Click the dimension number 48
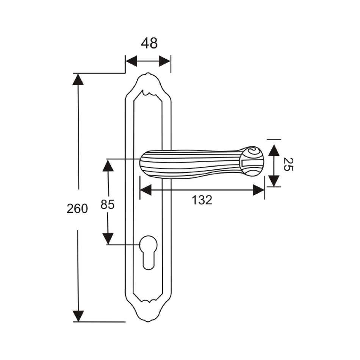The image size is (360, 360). pyautogui.click(x=149, y=44)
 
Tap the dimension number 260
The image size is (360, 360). pyautogui.click(x=77, y=208)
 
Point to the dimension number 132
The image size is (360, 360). pyautogui.click(x=202, y=200)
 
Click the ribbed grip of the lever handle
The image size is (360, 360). pyautogui.click(x=189, y=164)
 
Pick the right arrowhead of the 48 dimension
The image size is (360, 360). pyautogui.click(x=165, y=61)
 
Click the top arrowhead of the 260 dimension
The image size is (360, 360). pyautogui.click(x=78, y=79)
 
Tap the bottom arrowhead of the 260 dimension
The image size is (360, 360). pyautogui.click(x=78, y=316)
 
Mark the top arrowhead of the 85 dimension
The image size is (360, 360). pyautogui.click(x=108, y=166)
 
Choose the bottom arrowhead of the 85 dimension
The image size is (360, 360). pyautogui.click(x=108, y=239)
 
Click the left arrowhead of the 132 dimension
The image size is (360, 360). pyautogui.click(x=146, y=190)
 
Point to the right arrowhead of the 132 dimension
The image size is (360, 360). pyautogui.click(x=259, y=190)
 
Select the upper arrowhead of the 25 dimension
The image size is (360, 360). pyautogui.click(x=274, y=150)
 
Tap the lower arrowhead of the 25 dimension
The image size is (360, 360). pyautogui.click(x=274, y=181)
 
